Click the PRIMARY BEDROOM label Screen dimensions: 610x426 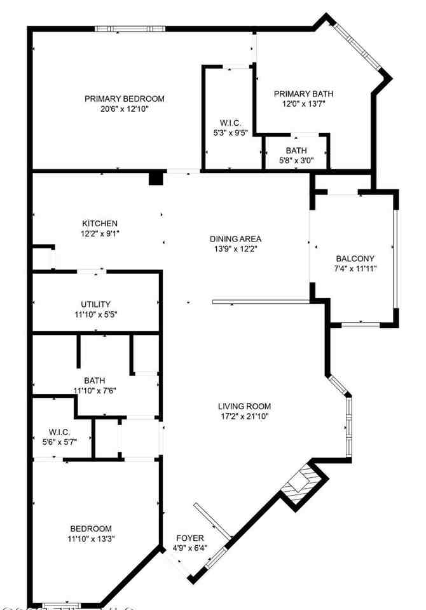pyautogui.click(x=125, y=98)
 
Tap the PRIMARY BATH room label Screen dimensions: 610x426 pyautogui.click(x=303, y=94)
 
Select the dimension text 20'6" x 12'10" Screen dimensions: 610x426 pyautogui.click(x=125, y=109)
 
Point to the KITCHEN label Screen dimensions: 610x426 pyautogui.click(x=99, y=224)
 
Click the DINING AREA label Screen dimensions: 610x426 pyautogui.click(x=236, y=239)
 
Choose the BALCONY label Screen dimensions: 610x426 pyautogui.click(x=355, y=259)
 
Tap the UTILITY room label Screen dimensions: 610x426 pyautogui.click(x=95, y=304)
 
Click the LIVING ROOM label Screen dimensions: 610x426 pyautogui.click(x=244, y=407)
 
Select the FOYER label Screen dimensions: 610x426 pyautogui.click(x=189, y=538)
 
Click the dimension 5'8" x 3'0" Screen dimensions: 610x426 pyautogui.click(x=296, y=160)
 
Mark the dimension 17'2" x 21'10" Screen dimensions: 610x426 pyautogui.click(x=244, y=417)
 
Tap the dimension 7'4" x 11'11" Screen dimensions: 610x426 pyautogui.click(x=355, y=268)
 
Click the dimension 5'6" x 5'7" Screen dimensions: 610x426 pyautogui.click(x=55, y=442)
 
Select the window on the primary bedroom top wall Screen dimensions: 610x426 pyautogui.click(x=130, y=29)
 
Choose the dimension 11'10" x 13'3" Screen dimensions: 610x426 pyautogui.click(x=91, y=539)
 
